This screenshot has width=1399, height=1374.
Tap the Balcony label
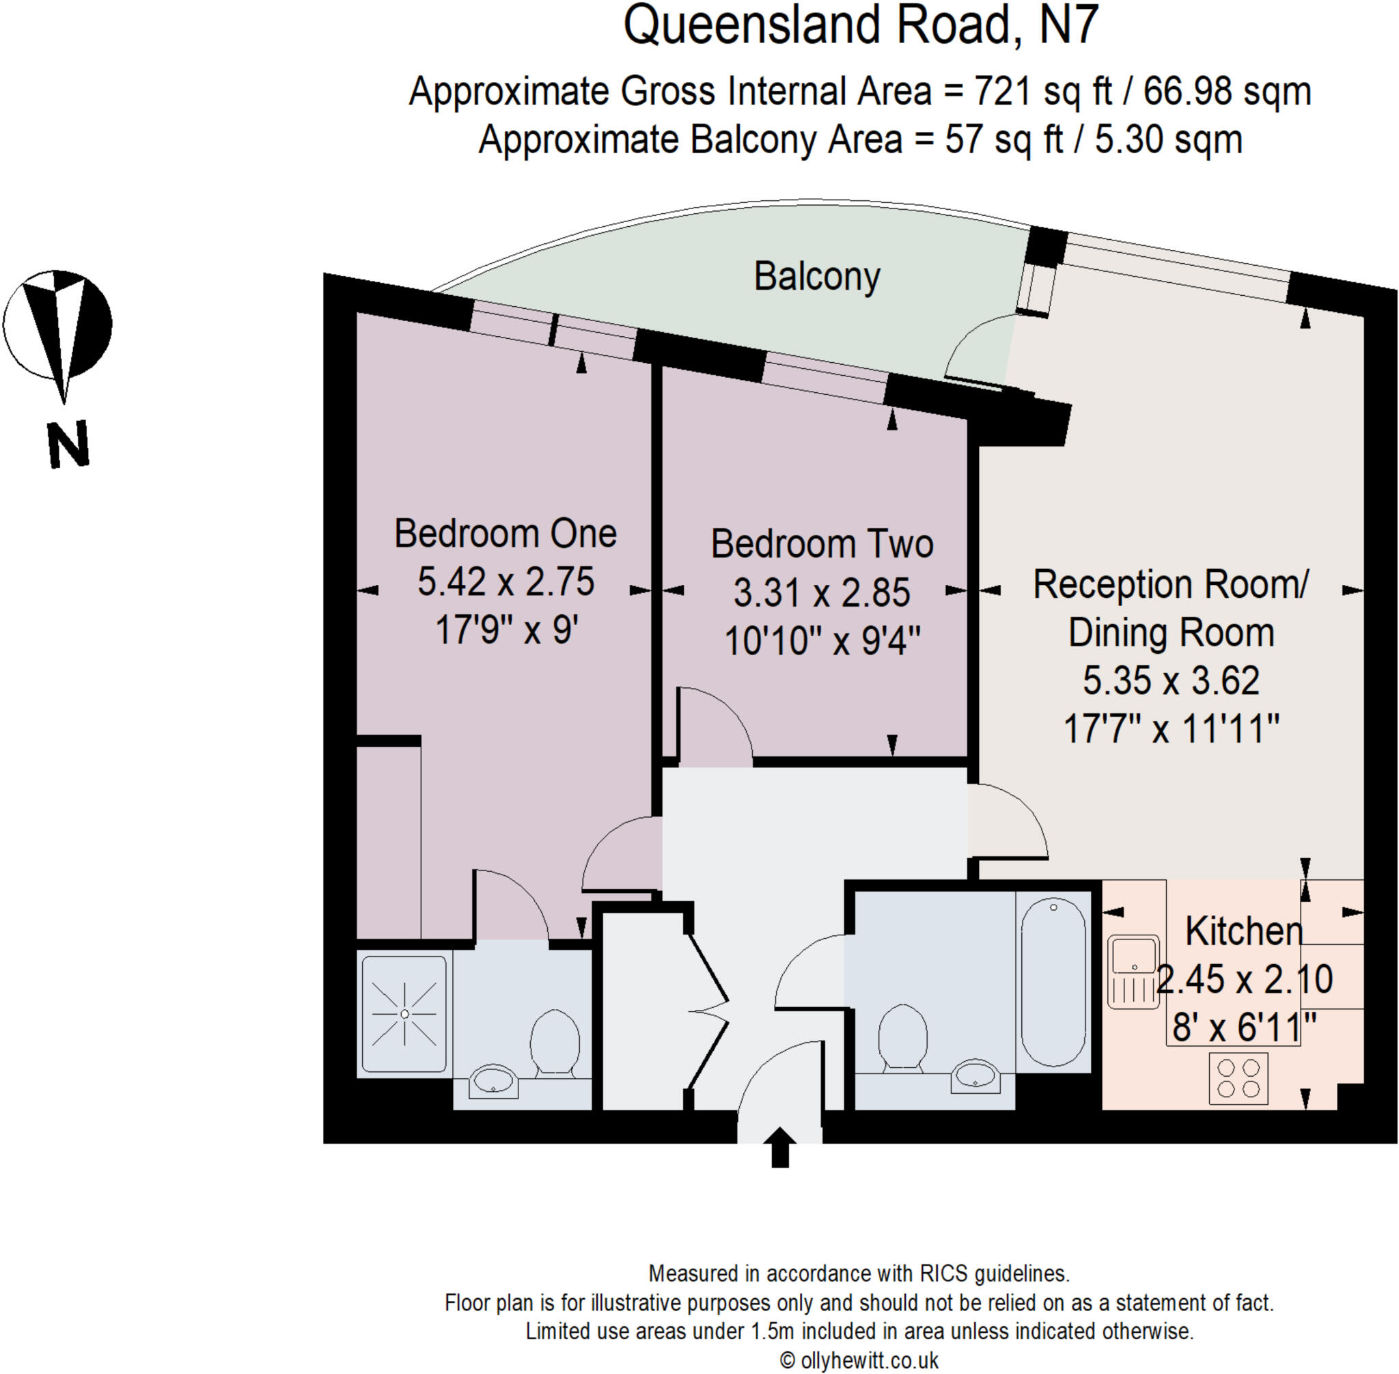[817, 277]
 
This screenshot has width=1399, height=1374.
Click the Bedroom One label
[505, 534]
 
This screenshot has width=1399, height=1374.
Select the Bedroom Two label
[822, 544]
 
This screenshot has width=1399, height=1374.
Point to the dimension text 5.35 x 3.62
[1171, 681]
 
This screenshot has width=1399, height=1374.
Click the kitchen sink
[1133, 972]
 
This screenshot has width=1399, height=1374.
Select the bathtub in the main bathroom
[1053, 981]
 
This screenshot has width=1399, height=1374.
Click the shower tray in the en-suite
[404, 1014]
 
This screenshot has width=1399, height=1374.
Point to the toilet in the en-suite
[554, 1043]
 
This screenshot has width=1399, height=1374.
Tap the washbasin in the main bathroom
[975, 1077]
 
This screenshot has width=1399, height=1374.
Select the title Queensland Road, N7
[860, 26]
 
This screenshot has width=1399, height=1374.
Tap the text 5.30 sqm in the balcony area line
[1168, 139]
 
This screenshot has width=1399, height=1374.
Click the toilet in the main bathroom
[902, 1036]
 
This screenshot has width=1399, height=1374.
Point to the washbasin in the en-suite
[493, 1080]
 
